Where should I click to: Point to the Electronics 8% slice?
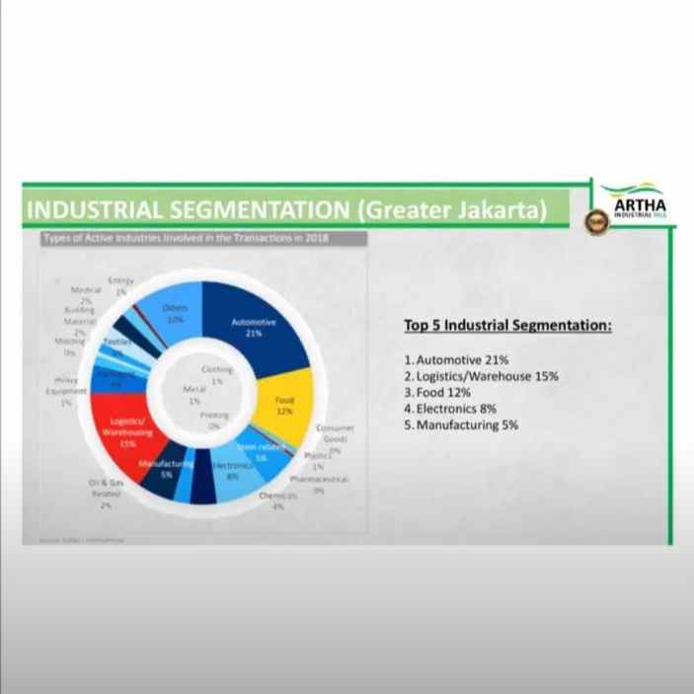231,474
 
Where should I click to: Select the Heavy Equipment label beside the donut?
67,390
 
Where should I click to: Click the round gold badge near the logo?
595,221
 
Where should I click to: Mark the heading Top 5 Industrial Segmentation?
507,325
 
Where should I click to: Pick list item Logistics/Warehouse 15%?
482,376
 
